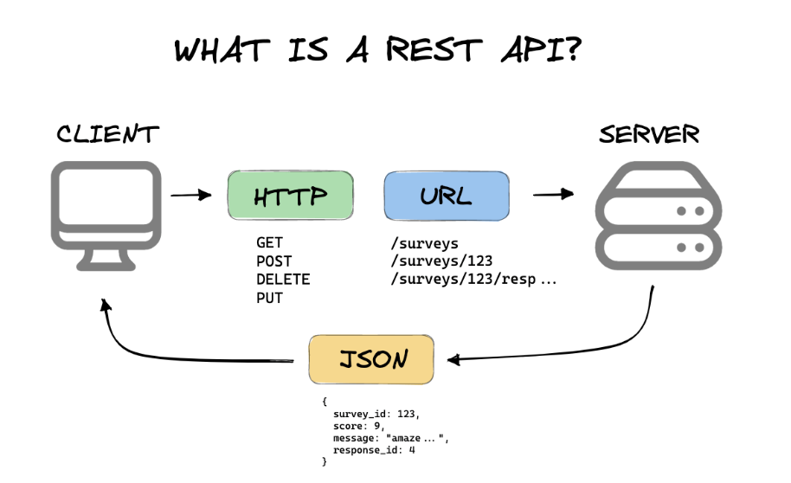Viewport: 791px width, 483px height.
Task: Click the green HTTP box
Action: [x=291, y=196]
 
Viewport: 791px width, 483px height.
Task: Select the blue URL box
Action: [x=447, y=196]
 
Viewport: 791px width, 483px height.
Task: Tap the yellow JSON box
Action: [x=371, y=359]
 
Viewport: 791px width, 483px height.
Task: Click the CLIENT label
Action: [x=107, y=134]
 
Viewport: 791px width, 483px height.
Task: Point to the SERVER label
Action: [x=649, y=134]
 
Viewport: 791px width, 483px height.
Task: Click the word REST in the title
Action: [x=434, y=49]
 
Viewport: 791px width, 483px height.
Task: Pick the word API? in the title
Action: [x=541, y=49]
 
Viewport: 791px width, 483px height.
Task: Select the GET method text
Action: [x=269, y=242]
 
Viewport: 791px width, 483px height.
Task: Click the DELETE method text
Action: [x=283, y=280]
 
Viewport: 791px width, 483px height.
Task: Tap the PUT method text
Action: [x=269, y=298]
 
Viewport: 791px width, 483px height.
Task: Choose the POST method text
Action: [x=274, y=261]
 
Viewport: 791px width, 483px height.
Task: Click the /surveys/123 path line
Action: [x=441, y=261]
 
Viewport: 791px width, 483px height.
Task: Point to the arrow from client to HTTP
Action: [x=190, y=195]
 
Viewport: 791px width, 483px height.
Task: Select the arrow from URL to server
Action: [x=553, y=194]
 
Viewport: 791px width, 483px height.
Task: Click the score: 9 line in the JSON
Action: [x=358, y=426]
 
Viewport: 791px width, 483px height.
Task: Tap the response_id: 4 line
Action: [x=374, y=450]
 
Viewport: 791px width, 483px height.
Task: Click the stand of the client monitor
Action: [x=106, y=260]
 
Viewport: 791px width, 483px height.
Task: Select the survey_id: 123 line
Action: [x=376, y=415]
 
